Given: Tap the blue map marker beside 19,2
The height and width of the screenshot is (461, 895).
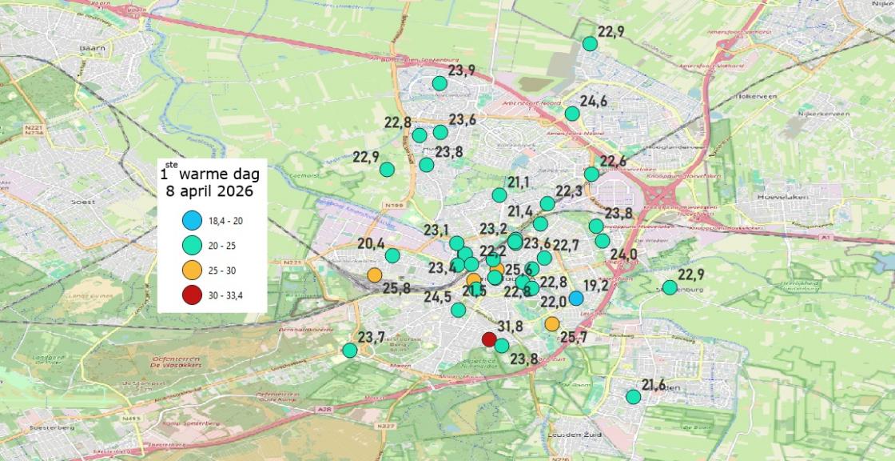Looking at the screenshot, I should coord(575,299).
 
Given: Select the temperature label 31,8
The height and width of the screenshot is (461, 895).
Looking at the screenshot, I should coord(509,326).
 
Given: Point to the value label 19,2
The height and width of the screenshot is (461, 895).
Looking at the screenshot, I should coord(596,285).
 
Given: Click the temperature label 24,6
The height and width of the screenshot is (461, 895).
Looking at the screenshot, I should coord(594,102).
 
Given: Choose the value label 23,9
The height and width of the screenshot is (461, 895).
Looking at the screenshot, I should coord(461,71).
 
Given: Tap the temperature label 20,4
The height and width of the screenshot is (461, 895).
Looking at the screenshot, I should coord(371,244).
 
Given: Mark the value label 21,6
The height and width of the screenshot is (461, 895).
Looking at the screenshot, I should coord(653,386).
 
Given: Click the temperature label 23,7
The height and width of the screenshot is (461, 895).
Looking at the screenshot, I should coord(371,336).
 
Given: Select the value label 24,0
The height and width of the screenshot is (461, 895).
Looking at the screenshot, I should coord(623,255).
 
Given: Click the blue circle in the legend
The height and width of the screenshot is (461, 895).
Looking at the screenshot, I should coord(191,219).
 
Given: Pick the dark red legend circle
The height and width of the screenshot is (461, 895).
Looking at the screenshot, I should coord(191,295).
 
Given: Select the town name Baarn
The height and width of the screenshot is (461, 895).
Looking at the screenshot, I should coord(93,49).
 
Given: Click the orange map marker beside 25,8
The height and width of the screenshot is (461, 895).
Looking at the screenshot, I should coord(375,275).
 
